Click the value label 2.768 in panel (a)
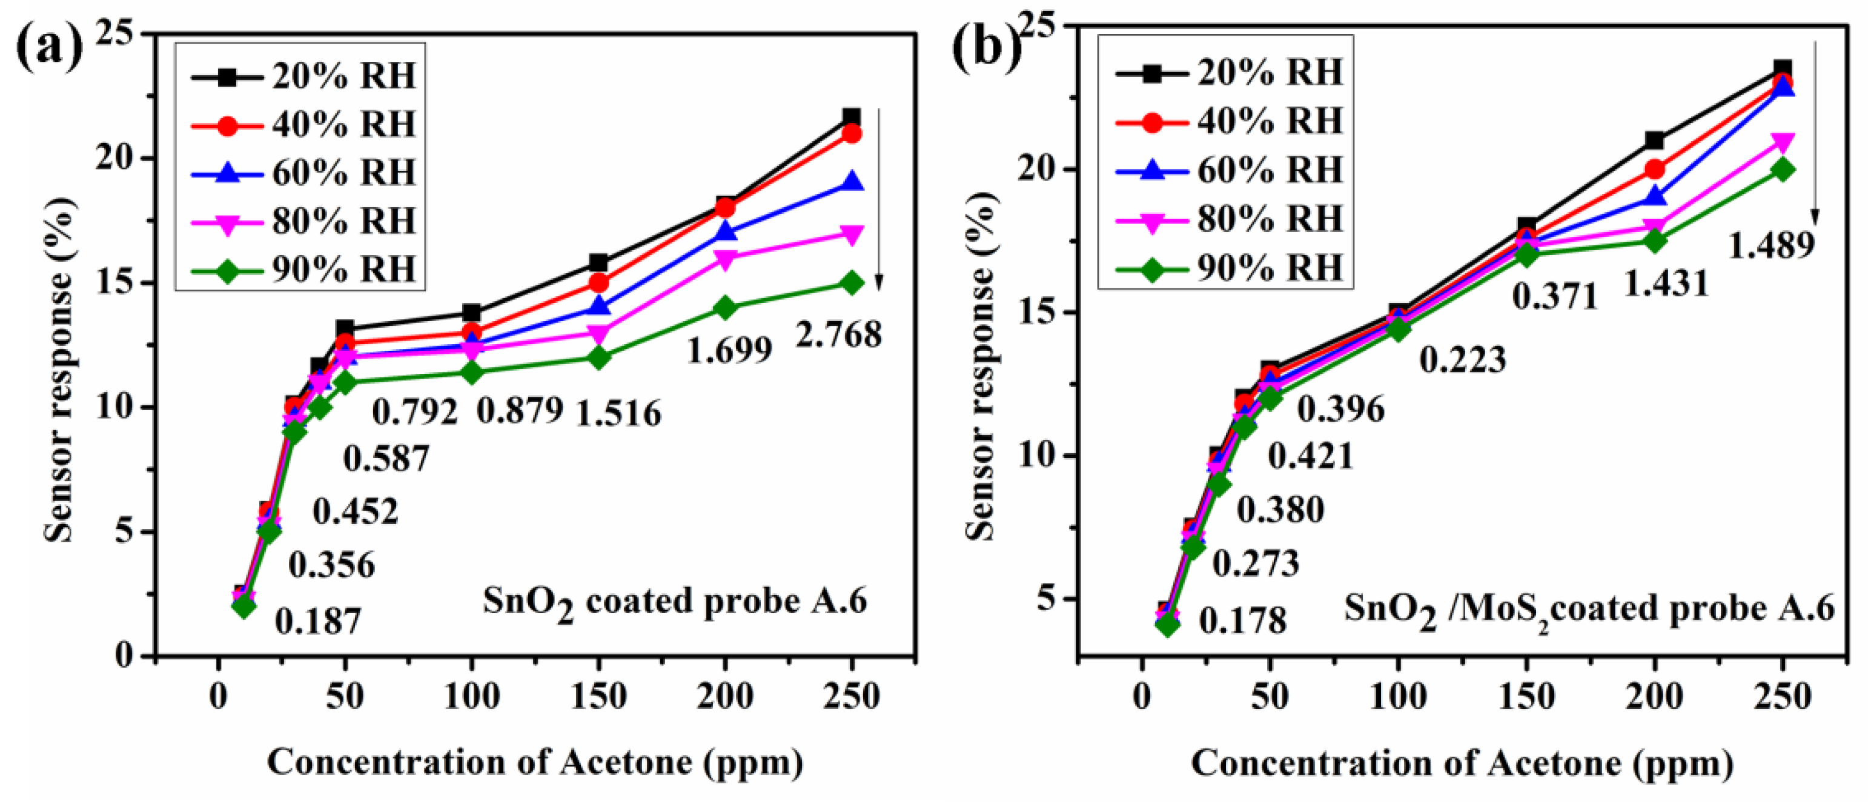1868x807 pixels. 838,335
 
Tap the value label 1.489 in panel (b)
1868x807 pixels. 1771,245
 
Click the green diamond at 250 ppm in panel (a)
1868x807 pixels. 852,283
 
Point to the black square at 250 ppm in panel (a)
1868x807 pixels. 852,117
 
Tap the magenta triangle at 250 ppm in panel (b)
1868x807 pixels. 1783,141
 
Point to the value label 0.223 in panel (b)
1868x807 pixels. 1462,360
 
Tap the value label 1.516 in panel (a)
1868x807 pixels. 618,414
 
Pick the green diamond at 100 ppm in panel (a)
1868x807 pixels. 472,373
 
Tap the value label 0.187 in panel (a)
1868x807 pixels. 317,622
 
